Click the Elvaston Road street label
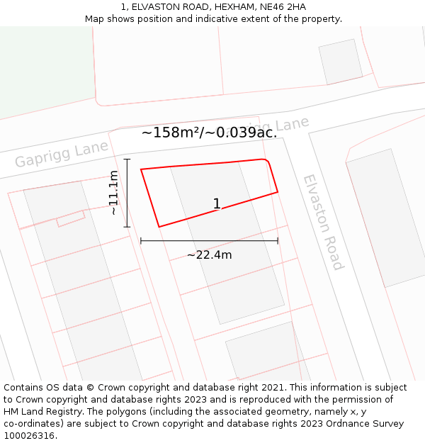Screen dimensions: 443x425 tap(323, 222)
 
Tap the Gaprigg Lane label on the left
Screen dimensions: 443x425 tap(62, 153)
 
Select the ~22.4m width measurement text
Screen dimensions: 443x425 tap(209, 255)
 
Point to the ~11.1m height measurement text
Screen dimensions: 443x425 tap(113, 193)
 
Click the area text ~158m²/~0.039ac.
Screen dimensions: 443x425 tap(209, 133)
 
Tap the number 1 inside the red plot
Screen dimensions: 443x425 tap(217, 204)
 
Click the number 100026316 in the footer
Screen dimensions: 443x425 tap(29, 436)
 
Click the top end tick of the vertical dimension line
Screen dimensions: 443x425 tap(127, 159)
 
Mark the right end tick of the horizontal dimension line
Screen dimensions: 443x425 tap(278, 241)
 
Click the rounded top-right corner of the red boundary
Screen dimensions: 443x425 tap(267, 162)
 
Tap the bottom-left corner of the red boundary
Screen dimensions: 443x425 tap(159, 227)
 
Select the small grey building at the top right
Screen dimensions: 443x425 tap(340, 62)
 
